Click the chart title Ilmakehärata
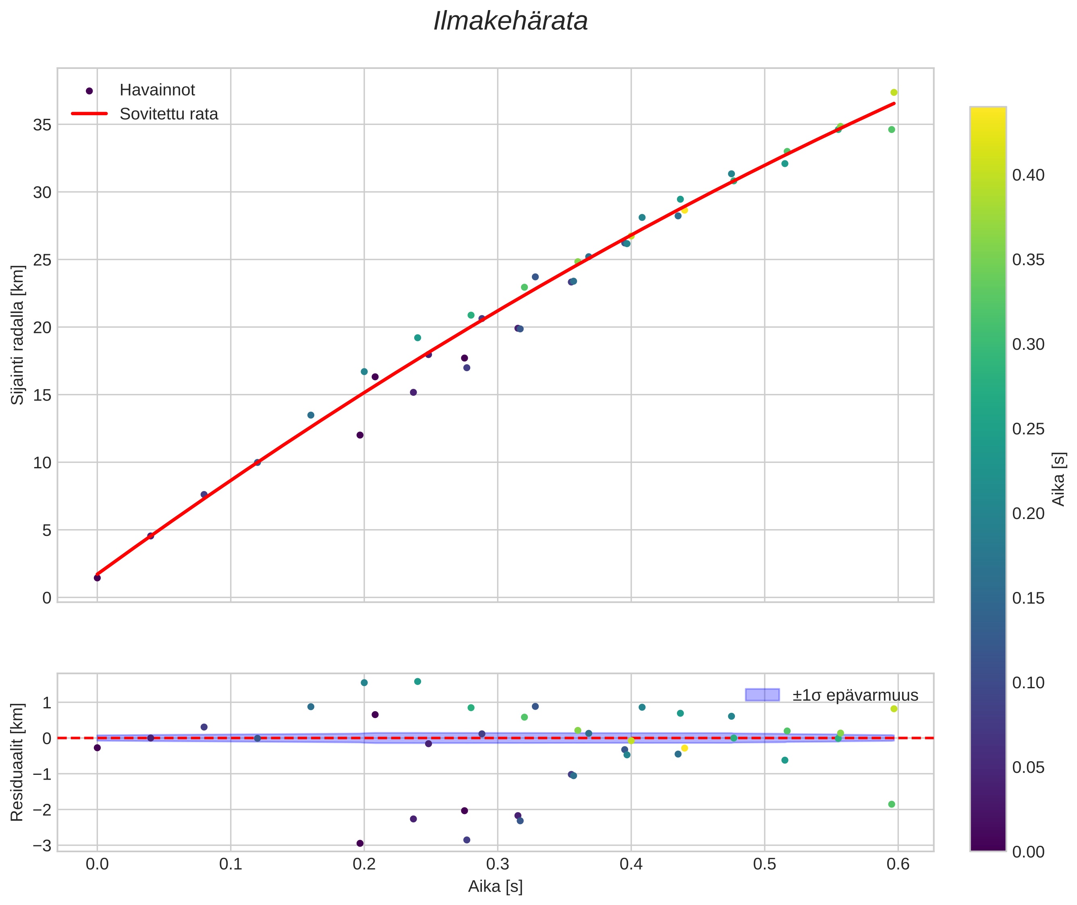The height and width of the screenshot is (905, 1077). [x=510, y=21]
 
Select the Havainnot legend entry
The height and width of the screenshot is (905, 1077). [x=157, y=90]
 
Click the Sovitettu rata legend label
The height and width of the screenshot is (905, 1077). [x=169, y=114]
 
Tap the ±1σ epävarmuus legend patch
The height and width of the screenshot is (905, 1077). [x=762, y=695]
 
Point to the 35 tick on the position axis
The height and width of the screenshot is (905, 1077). [x=43, y=125]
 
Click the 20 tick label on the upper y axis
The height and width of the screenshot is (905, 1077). [x=43, y=327]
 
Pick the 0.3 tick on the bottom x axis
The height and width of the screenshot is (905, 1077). [x=498, y=864]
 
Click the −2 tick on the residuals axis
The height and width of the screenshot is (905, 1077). [x=41, y=810]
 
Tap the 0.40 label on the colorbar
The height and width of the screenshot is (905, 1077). [x=1028, y=175]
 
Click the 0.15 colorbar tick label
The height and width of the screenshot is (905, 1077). [x=1028, y=598]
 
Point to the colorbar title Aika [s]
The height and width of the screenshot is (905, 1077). [x=1059, y=479]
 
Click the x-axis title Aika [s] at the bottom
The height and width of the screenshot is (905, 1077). [x=495, y=886]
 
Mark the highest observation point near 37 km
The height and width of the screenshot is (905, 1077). [x=894, y=92]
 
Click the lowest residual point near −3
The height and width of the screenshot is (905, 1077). [x=360, y=843]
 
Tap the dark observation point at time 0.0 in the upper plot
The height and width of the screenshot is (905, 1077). [x=97, y=578]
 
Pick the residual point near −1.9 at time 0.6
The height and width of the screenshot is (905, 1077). [x=892, y=804]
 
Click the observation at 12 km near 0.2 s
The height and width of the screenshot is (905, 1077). [x=360, y=435]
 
